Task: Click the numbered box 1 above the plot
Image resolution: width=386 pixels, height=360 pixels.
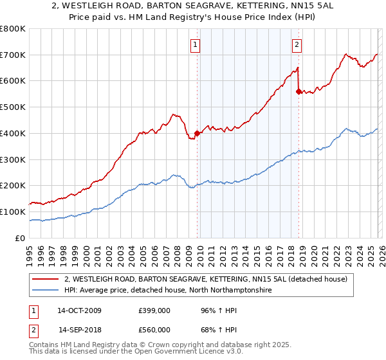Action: click(x=196, y=45)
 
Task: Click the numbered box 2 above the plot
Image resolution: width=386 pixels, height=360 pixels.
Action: click(x=297, y=45)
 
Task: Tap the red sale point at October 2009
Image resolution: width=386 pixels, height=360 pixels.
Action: click(x=197, y=133)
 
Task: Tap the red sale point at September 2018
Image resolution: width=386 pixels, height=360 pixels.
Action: click(x=298, y=91)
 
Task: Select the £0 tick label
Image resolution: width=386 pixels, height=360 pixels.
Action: click(x=21, y=238)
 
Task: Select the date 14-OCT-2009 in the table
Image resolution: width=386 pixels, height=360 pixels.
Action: click(x=79, y=310)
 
